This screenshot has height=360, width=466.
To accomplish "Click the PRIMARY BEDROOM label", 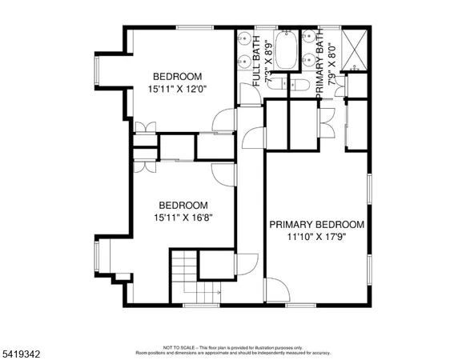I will [316, 225].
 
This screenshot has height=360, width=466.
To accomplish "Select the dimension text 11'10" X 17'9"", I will [316, 237].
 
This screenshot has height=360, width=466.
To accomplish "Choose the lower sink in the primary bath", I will [308, 59].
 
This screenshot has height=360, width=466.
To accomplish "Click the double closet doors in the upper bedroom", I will [144, 127].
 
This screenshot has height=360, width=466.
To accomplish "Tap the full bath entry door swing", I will [250, 94].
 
